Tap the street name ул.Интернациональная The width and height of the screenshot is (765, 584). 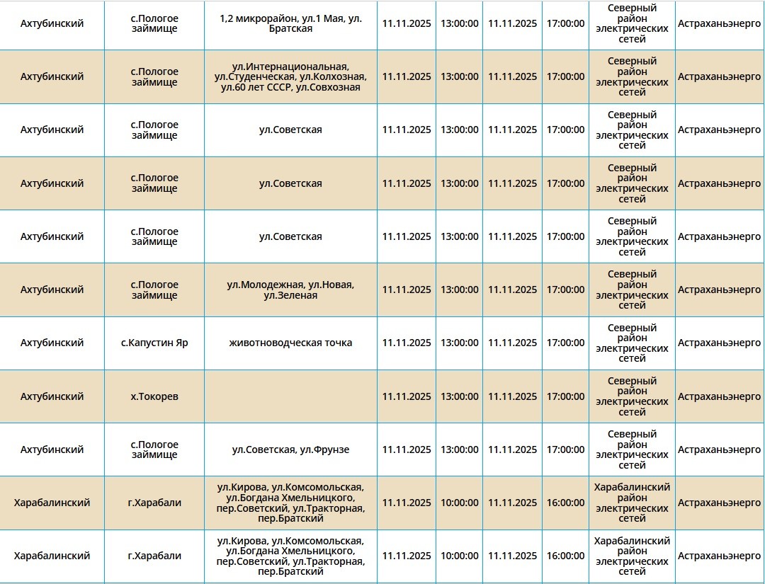(292, 66)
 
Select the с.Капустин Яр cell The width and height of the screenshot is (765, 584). (154, 343)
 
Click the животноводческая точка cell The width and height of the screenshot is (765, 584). (290, 343)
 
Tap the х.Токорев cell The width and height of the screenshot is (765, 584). (154, 396)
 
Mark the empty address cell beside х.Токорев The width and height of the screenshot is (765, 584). (290, 396)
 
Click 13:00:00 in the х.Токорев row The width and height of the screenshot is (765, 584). (459, 396)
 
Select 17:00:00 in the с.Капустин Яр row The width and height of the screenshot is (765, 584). (565, 343)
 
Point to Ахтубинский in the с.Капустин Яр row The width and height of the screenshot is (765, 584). (52, 343)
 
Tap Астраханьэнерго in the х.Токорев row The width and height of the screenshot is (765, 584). (719, 396)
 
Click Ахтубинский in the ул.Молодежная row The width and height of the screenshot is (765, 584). (52, 290)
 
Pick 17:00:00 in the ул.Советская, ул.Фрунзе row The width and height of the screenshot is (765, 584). (565, 450)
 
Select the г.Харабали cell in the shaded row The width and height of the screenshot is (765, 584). (154, 503)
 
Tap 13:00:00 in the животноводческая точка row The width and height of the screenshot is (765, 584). (459, 343)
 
